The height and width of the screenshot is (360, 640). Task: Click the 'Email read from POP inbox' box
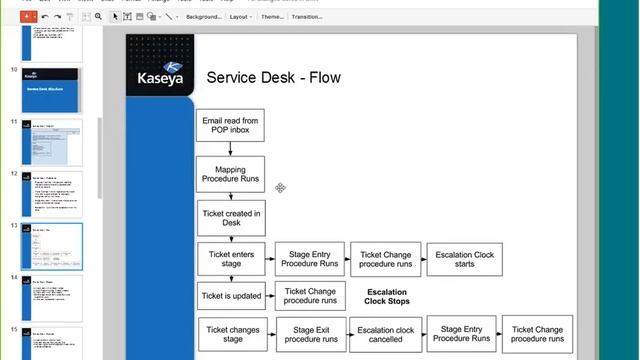[x=230, y=125]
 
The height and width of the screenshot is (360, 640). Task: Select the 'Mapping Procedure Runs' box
[x=230, y=173]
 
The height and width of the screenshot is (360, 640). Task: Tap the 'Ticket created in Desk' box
[x=230, y=217]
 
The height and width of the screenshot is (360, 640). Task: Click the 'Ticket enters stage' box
[x=230, y=259]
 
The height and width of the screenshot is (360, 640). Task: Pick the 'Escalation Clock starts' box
[x=464, y=259]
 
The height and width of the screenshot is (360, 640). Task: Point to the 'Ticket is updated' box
[x=230, y=296]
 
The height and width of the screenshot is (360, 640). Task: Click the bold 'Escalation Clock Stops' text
[x=386, y=296]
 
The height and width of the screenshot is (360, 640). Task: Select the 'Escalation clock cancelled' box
[x=386, y=334]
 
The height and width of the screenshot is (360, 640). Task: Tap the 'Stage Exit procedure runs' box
[x=309, y=334]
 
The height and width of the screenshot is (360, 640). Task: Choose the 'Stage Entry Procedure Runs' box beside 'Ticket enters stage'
[x=309, y=259]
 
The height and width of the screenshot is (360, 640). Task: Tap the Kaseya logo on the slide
[x=160, y=71]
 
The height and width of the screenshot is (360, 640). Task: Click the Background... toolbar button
[x=203, y=17]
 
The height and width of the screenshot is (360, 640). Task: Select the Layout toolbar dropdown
[x=242, y=17]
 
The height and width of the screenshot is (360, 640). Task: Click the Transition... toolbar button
[x=307, y=17]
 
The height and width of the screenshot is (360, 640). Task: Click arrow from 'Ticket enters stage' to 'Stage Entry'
[x=270, y=259]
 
